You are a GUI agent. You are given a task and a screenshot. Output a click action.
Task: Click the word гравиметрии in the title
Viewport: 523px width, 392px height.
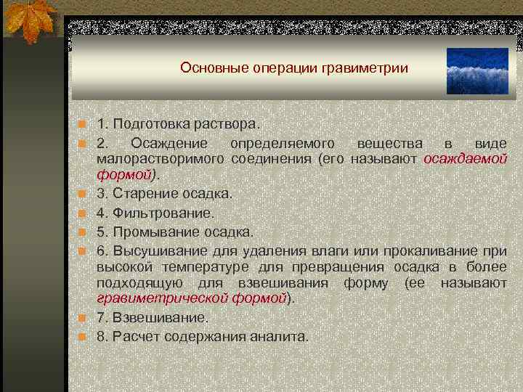[x=368, y=68]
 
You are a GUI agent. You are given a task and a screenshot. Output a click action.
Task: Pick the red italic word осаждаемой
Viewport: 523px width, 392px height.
[x=465, y=159]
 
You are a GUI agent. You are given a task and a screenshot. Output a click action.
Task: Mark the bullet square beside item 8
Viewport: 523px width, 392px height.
[x=84, y=337]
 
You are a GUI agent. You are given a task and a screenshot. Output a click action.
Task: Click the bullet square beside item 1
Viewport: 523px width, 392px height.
[x=84, y=126]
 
